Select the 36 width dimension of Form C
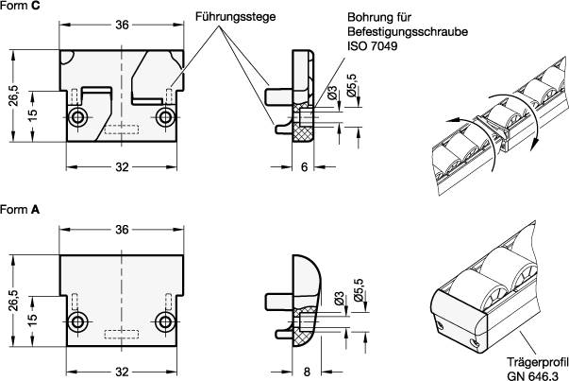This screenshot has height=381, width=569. (x=121, y=25)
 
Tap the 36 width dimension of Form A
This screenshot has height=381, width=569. (x=121, y=230)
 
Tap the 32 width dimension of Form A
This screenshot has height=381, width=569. (x=121, y=372)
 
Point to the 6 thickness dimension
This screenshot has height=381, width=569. (x=305, y=166)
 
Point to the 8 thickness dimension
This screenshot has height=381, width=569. (x=309, y=372)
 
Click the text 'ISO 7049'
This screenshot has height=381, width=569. (x=371, y=44)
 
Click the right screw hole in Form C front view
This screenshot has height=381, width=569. (x=166, y=117)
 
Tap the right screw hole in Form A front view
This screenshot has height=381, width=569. (x=166, y=322)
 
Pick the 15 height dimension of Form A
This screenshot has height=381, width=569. (x=32, y=316)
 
